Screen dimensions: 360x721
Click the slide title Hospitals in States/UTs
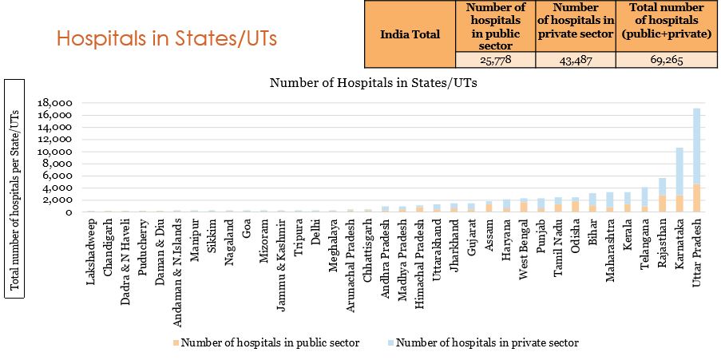click(167, 39)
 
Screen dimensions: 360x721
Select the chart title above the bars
click(374, 82)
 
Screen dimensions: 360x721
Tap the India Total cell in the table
click(409, 34)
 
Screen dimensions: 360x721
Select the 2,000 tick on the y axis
click(59, 200)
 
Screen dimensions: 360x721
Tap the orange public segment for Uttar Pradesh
click(697, 198)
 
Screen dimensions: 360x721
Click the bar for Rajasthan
click(662, 196)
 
